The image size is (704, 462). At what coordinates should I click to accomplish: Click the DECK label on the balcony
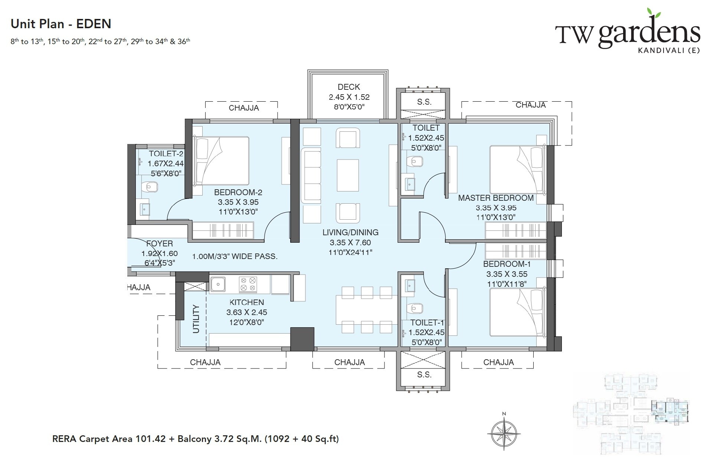click(x=348, y=87)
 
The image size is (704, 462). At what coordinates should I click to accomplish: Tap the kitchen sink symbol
click(x=218, y=285)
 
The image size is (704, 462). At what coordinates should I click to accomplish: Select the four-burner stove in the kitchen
click(x=248, y=284)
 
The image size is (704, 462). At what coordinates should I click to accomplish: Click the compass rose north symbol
click(x=504, y=433)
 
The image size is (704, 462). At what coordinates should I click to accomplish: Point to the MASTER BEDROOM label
click(x=496, y=198)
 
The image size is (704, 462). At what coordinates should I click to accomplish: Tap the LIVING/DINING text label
click(x=350, y=232)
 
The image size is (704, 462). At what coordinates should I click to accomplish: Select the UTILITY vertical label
click(x=196, y=319)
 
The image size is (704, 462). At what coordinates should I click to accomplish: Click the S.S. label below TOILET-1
click(x=424, y=374)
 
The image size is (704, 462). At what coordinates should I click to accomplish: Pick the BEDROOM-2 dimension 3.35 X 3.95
click(x=238, y=202)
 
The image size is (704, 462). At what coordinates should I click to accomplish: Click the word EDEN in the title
click(x=94, y=24)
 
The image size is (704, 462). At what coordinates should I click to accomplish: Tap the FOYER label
click(x=160, y=243)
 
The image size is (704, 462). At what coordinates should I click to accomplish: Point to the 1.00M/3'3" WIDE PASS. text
click(x=235, y=256)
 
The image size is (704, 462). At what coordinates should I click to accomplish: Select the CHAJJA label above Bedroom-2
click(x=243, y=108)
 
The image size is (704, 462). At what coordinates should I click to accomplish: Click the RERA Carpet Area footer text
click(x=196, y=439)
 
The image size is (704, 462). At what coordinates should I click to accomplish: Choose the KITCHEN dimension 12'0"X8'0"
click(x=246, y=322)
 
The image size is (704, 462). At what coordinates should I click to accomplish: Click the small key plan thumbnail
click(x=631, y=414)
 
